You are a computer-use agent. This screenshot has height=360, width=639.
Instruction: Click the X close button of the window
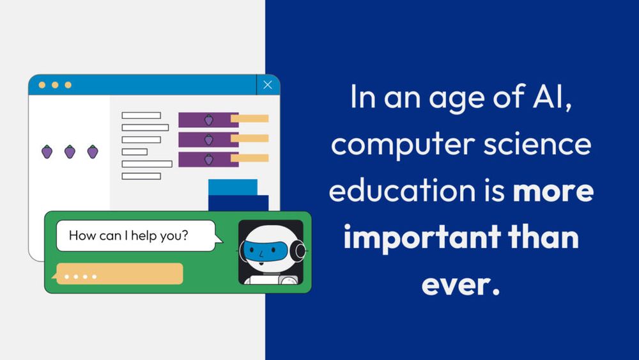[x=268, y=85]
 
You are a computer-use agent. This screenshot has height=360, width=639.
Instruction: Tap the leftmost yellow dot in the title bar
[x=42, y=85]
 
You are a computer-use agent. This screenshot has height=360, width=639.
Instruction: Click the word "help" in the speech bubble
[x=148, y=235]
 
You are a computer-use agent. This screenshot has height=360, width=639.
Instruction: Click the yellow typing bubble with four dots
[x=120, y=274]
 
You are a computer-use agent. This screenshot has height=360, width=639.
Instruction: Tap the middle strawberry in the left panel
[x=70, y=152]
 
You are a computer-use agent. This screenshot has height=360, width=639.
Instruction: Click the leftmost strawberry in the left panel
[x=47, y=152]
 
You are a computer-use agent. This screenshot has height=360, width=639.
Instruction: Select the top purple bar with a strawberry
[x=208, y=120]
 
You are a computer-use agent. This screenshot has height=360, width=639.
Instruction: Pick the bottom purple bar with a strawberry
[x=208, y=159]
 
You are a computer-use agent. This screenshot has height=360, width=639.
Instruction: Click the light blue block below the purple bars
[x=233, y=187]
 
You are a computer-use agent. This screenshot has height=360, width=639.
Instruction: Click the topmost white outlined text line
[x=141, y=116]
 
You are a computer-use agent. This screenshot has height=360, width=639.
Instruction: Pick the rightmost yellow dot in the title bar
[x=68, y=85]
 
